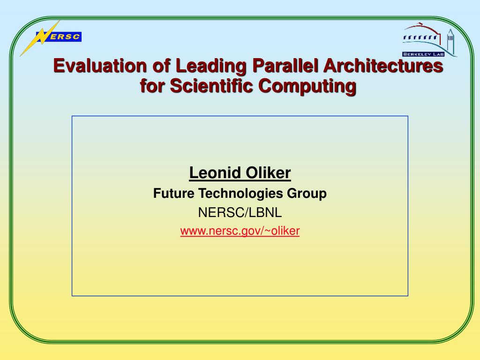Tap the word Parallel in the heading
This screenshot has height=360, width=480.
click(285, 66)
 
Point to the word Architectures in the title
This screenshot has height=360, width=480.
click(383, 66)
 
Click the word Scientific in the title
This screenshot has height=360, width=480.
click(211, 86)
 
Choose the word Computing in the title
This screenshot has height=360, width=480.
click(307, 86)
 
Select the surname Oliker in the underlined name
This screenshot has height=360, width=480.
click(268, 172)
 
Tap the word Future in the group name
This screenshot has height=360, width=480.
click(173, 194)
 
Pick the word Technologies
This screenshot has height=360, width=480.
click(240, 194)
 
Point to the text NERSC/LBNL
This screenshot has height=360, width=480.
click(240, 212)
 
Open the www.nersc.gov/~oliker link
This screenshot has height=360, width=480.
click(240, 231)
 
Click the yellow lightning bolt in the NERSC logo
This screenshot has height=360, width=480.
click(40, 38)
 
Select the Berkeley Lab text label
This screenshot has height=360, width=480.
click(423, 54)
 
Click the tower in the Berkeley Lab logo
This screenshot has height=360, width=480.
click(450, 41)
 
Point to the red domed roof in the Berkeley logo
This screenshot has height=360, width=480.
click(422, 29)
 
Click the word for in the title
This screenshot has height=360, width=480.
click(152, 86)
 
